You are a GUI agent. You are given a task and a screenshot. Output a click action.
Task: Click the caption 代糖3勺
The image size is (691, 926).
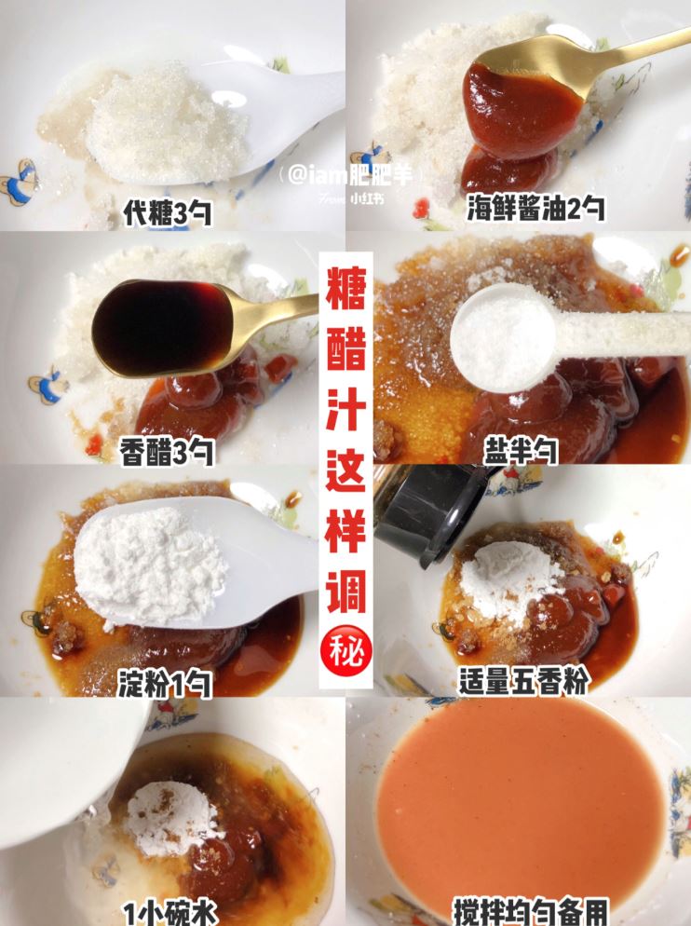click(168, 213)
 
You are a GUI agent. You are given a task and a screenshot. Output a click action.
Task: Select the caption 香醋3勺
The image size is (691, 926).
click(168, 453)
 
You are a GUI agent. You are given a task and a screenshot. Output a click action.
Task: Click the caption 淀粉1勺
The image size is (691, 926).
click(166, 686)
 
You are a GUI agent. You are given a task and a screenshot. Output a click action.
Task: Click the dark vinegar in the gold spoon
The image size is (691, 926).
click(164, 328)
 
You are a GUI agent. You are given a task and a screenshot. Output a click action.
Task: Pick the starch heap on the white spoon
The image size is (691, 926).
click(149, 559)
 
